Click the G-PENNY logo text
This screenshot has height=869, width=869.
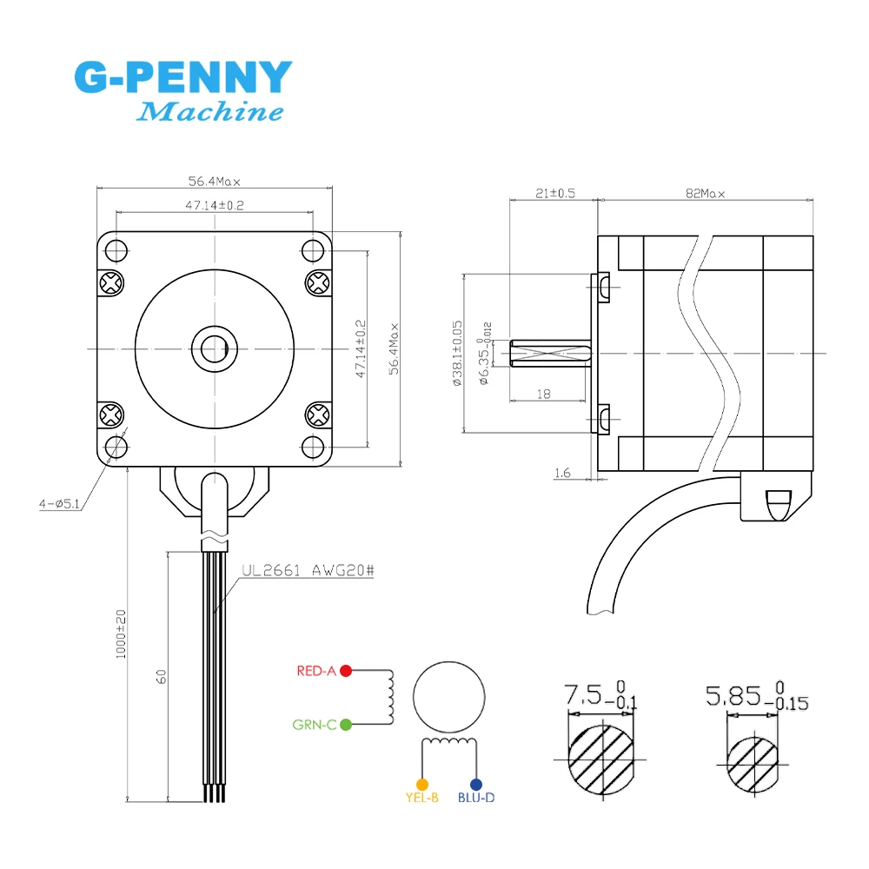pos(183,78)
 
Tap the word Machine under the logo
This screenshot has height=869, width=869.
pos(211,112)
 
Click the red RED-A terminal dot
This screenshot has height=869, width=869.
pos(346,671)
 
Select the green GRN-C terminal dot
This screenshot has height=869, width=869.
pos(346,724)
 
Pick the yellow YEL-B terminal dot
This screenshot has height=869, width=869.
pos(422,784)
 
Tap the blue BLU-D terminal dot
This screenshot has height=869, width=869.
pos(475,784)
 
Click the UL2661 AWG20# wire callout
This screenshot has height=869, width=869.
pos(306,571)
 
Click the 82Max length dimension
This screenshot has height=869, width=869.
pos(705,194)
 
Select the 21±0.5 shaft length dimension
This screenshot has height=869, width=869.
pos(555,194)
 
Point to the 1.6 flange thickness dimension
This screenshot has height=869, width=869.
pos(561,473)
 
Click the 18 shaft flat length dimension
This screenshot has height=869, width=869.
pos(545,394)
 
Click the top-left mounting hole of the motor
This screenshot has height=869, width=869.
pos(116,250)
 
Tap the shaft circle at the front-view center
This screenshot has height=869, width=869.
pos(214,348)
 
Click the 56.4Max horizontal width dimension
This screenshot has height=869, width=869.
pos(214,182)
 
